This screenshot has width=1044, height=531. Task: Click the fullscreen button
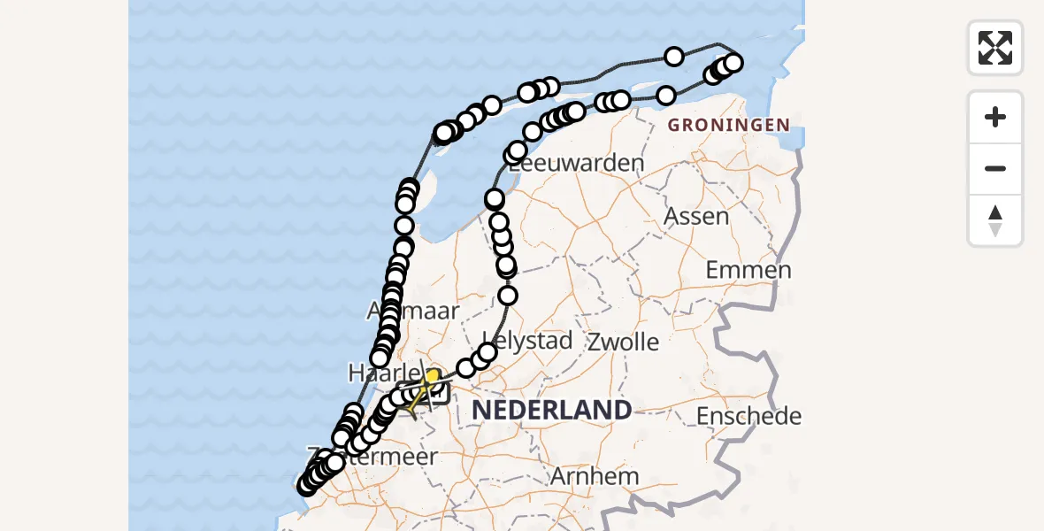(995, 48)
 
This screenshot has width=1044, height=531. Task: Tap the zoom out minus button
(995, 169)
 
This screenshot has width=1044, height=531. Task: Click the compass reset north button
(995, 220)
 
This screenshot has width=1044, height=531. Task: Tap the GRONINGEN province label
(728, 125)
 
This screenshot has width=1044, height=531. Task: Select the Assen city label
(696, 216)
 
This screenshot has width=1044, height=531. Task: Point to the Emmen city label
(748, 270)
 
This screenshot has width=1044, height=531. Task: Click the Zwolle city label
(623, 342)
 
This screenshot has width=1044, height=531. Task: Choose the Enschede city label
(748, 415)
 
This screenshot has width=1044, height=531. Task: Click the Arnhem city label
(595, 475)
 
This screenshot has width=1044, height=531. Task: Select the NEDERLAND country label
(551, 410)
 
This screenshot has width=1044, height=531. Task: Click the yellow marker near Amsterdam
(433, 376)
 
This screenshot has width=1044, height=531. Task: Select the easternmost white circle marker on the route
(733, 62)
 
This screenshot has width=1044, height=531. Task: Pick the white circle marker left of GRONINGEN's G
(666, 96)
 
